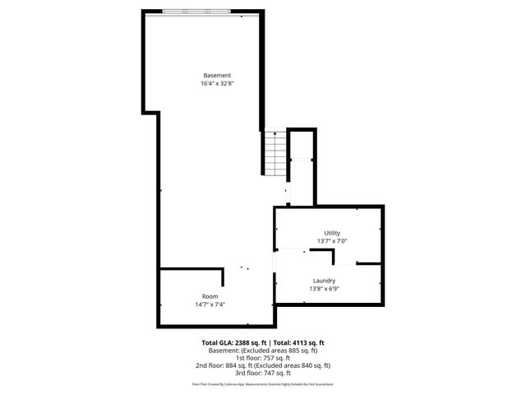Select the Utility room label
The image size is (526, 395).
[x=332, y=233]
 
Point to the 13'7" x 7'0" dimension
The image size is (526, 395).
[x=332, y=241]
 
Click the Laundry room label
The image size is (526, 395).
[x=323, y=281]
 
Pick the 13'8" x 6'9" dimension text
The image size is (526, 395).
[x=323, y=289]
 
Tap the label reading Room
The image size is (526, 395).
[x=210, y=296]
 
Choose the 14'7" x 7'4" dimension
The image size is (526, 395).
[x=210, y=304]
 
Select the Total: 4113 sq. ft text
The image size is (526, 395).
[x=298, y=342]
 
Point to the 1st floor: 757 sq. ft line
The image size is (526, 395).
[x=263, y=357]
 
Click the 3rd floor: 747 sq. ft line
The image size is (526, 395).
[x=263, y=373]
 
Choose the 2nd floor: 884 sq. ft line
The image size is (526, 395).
[x=263, y=365]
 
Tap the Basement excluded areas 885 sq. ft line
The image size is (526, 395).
[x=263, y=350]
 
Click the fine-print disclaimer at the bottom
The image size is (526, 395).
[x=263, y=383]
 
